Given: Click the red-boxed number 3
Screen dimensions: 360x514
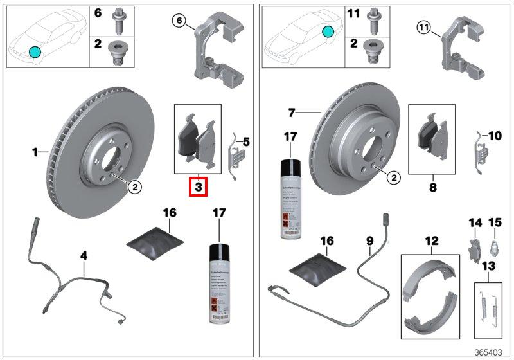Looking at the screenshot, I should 199,188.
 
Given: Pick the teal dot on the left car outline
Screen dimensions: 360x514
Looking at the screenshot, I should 34,51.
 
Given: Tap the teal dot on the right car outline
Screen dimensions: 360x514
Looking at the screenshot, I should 328,32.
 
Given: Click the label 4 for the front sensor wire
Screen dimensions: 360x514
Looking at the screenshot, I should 84,256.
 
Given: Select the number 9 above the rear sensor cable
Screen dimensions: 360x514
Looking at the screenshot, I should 370,241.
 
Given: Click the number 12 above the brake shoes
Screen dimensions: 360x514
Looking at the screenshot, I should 432,241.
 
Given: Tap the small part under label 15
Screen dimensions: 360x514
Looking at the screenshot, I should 494,245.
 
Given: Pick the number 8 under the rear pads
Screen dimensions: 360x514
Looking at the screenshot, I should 432,188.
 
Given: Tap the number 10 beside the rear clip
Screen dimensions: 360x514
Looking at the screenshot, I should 494,136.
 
